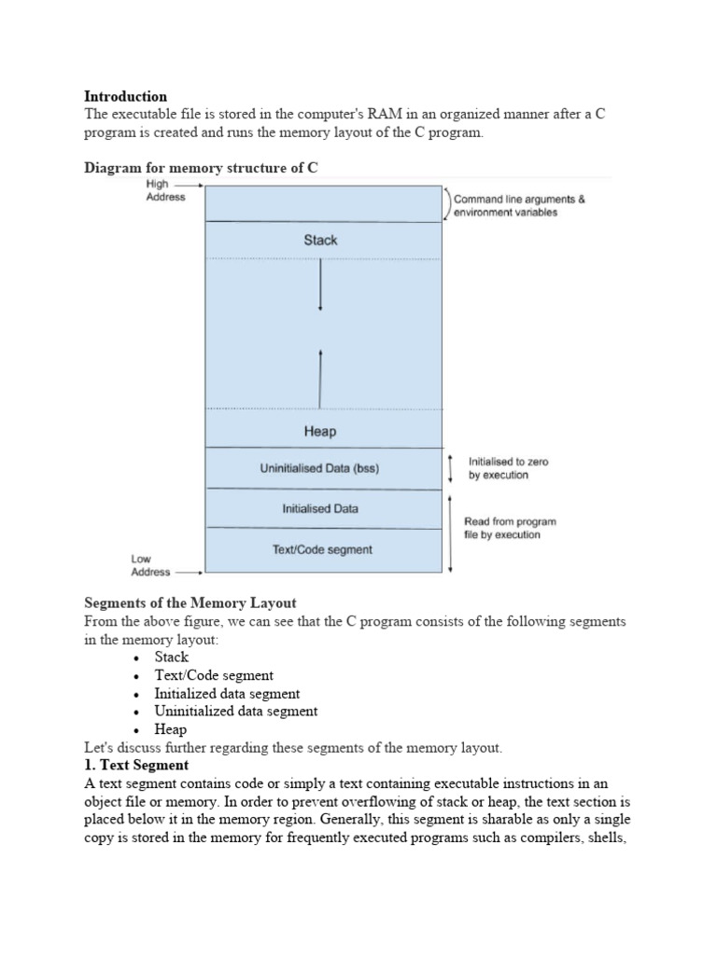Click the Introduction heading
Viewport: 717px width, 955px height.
click(x=126, y=96)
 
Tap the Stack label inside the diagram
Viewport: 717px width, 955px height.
click(x=320, y=240)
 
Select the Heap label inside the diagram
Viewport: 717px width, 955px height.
click(x=320, y=432)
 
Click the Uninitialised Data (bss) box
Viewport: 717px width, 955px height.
click(x=320, y=469)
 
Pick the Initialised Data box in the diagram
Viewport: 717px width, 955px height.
click(x=320, y=509)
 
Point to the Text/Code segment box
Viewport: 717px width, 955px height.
click(x=322, y=549)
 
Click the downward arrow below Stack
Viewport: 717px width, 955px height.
click(x=320, y=284)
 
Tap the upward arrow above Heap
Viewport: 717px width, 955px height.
click(x=320, y=378)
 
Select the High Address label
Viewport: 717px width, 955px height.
click(x=165, y=190)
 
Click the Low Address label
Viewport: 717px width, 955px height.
click(x=150, y=565)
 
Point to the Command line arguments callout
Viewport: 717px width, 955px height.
click(x=519, y=205)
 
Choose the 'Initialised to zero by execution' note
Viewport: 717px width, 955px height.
click(x=509, y=468)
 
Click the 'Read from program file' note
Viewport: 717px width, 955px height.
click(x=510, y=528)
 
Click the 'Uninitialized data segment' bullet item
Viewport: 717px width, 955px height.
click(x=235, y=711)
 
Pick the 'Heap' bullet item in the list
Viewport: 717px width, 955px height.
click(x=171, y=729)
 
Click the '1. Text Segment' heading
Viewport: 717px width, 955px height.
click(x=136, y=765)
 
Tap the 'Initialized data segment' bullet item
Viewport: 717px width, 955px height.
click(x=227, y=693)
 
